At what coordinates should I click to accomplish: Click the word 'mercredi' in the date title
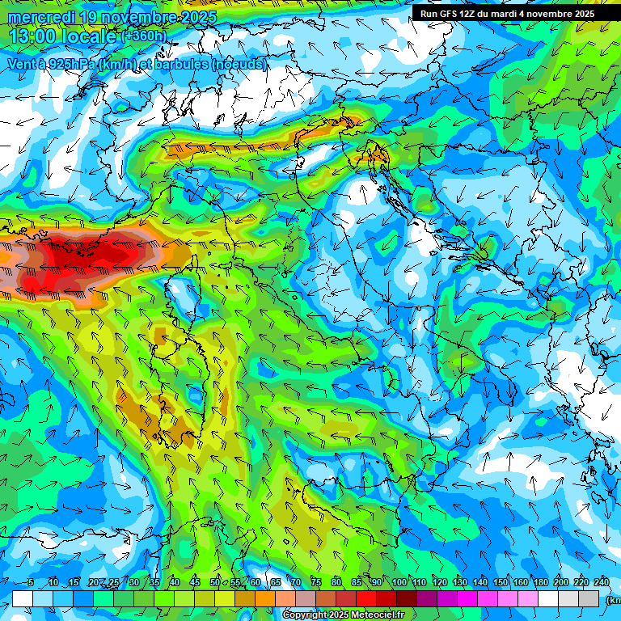point(43,17)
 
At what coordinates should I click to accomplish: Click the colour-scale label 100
point(399,583)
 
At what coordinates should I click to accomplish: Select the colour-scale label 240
point(602,583)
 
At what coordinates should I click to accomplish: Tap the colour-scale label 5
point(30,583)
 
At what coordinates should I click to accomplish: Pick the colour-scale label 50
point(215,583)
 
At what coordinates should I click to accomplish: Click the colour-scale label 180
point(540,583)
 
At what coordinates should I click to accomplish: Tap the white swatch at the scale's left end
point(22,598)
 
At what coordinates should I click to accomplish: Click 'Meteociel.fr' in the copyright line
point(378,615)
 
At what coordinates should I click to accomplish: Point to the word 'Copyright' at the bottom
point(304,615)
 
